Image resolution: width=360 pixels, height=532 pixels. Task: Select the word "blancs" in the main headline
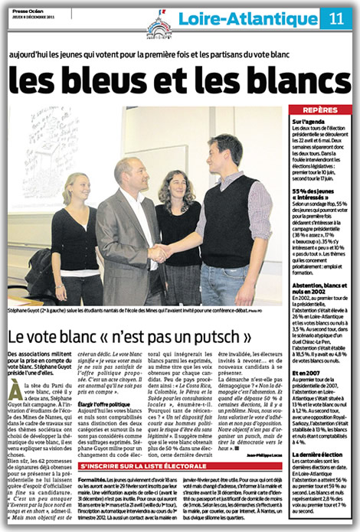(x=290, y=83)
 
